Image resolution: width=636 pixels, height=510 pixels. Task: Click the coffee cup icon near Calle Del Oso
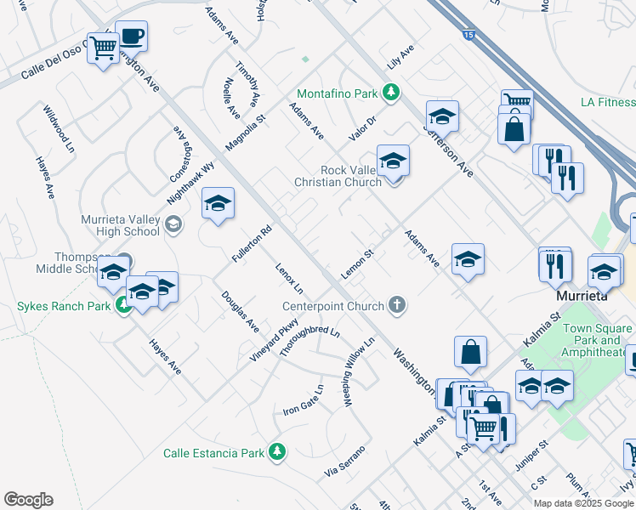click(131, 37)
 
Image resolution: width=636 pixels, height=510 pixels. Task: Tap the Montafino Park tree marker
click(390, 92)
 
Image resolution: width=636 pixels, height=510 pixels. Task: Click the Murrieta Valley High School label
click(120, 225)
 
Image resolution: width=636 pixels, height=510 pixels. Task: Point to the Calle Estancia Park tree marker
click(275, 452)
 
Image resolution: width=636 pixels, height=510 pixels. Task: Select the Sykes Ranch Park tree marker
click(124, 306)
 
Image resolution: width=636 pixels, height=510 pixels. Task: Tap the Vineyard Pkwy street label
click(274, 339)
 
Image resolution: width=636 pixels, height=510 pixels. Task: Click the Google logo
click(28, 500)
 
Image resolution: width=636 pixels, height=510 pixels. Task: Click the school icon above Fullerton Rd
click(218, 204)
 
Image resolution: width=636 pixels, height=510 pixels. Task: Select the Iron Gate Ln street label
click(304, 400)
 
